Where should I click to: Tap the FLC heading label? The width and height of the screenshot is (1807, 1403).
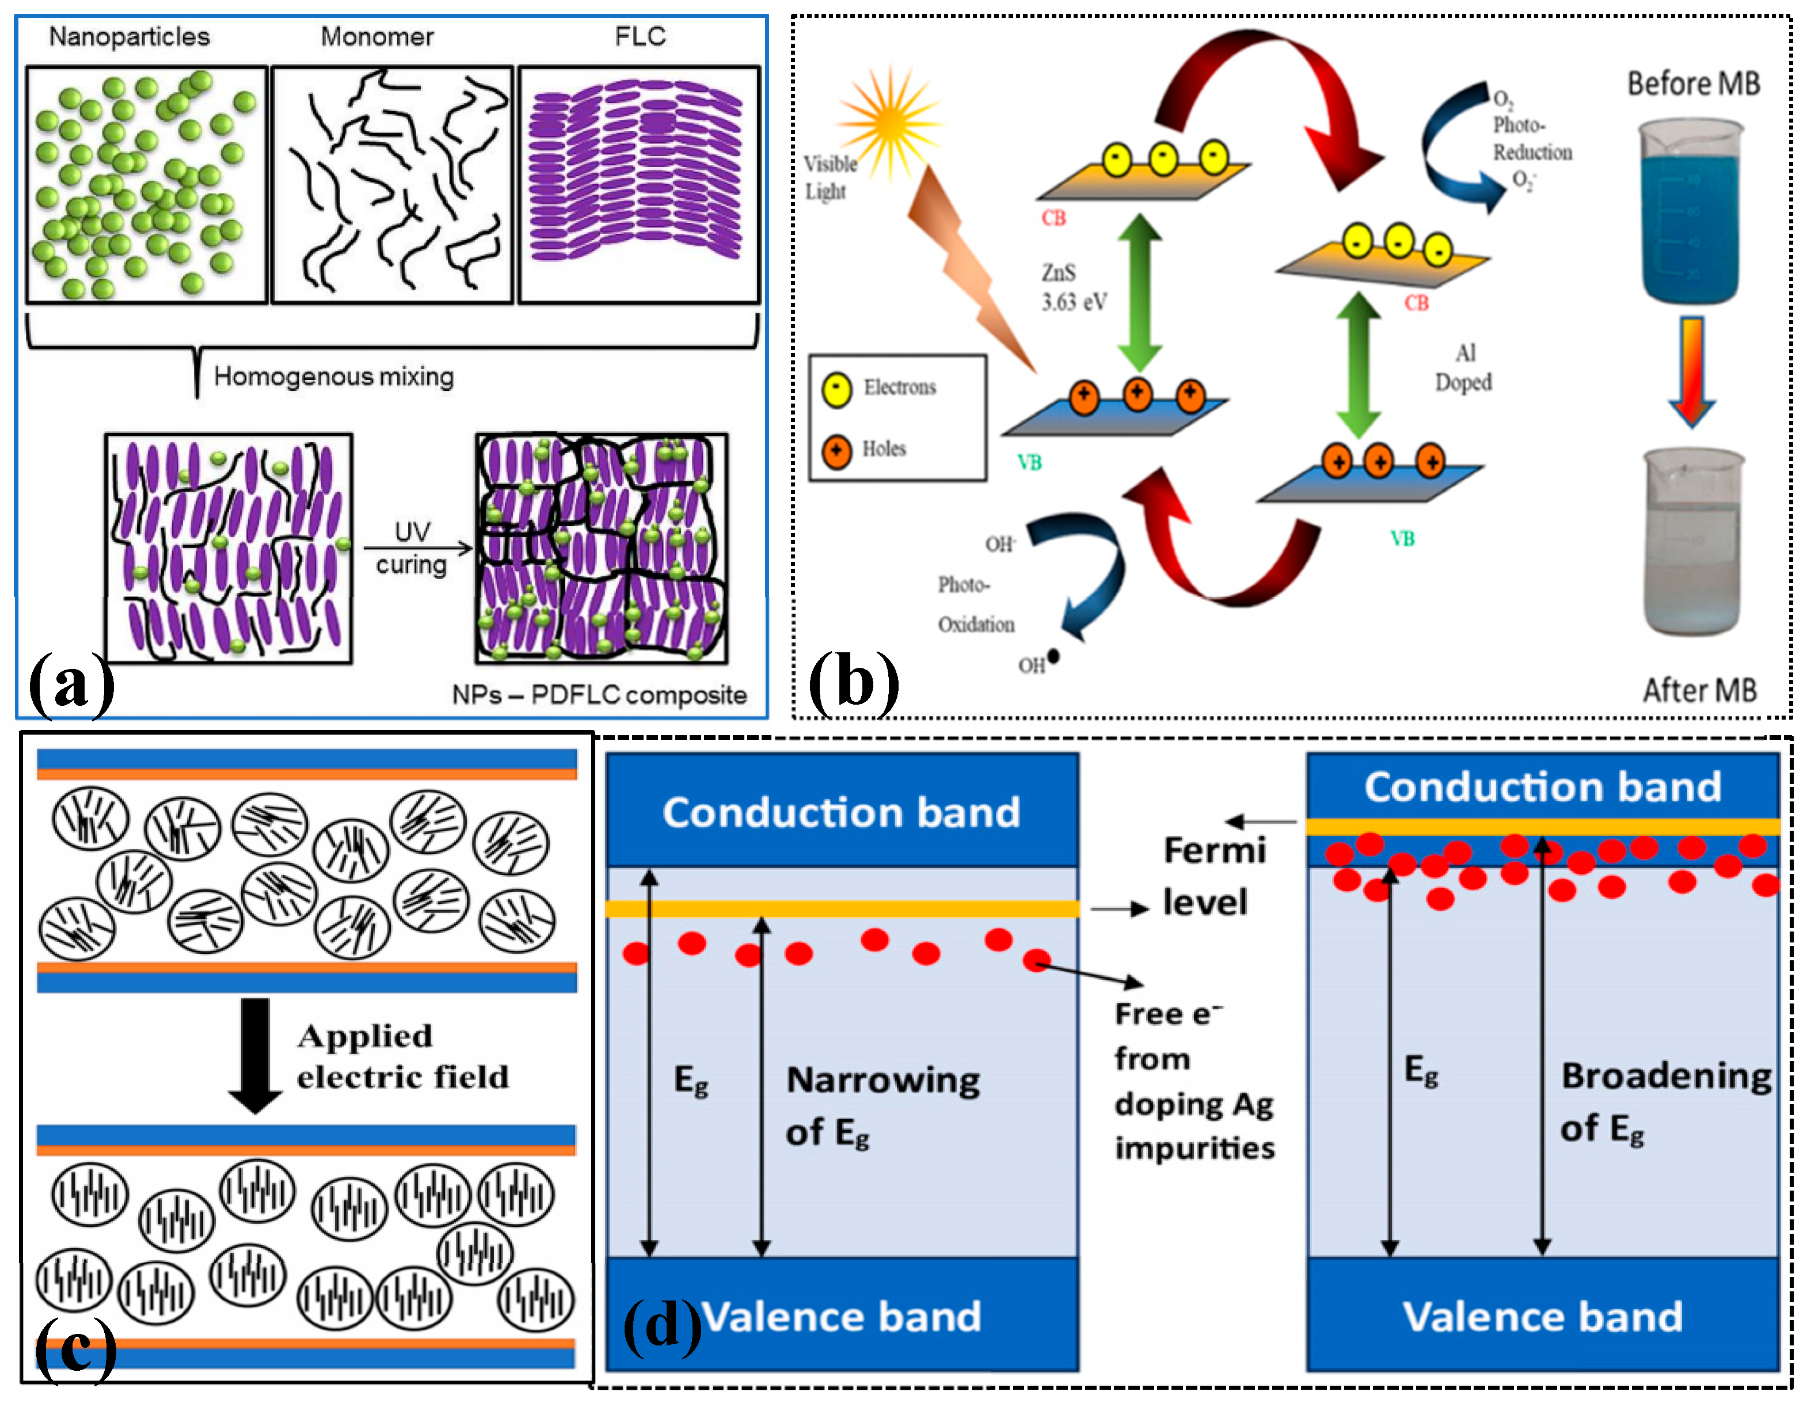point(640,36)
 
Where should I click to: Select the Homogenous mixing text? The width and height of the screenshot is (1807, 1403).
point(333,377)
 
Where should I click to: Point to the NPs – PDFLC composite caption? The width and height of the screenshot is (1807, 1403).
point(599,695)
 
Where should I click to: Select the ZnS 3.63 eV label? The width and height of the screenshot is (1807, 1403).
point(1072,287)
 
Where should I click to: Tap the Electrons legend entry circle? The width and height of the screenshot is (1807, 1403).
point(836,389)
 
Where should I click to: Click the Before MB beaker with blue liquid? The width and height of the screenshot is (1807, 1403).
point(1691,211)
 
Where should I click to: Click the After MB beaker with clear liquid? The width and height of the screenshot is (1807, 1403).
point(1691,542)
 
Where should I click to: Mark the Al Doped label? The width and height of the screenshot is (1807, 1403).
point(1463,368)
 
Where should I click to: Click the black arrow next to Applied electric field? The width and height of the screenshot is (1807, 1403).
point(255,1055)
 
